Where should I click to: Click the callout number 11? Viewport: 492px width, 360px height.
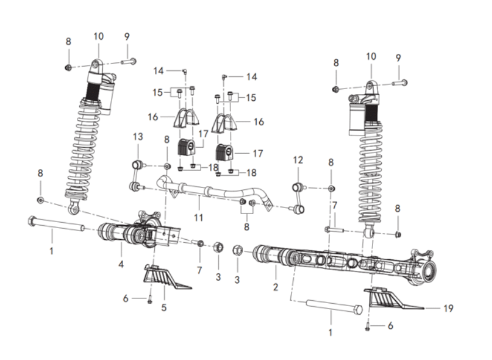coord(198,217)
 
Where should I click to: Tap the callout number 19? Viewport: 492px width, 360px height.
coord(449,308)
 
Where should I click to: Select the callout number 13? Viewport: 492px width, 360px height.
coord(138,137)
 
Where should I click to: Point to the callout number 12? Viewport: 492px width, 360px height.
coord(298,159)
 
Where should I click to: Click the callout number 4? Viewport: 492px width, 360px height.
coord(121,264)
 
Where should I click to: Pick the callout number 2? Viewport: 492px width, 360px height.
coord(276,287)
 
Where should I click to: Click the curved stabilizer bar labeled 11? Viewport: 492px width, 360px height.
coord(216,192)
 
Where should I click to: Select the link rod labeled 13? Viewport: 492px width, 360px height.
coord(137,176)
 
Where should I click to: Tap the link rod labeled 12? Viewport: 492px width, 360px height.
coord(298,198)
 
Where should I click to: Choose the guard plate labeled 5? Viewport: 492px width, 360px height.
coord(165,278)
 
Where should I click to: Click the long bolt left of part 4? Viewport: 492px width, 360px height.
coord(56,223)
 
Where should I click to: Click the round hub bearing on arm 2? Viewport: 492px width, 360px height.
coord(429,270)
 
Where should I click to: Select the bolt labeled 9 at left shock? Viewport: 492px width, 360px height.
coord(128,61)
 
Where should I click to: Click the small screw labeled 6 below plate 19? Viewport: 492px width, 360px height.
coord(368,327)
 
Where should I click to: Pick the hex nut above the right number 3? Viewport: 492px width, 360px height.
coord(237,250)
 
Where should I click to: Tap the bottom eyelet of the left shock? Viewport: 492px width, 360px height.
coord(73,208)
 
